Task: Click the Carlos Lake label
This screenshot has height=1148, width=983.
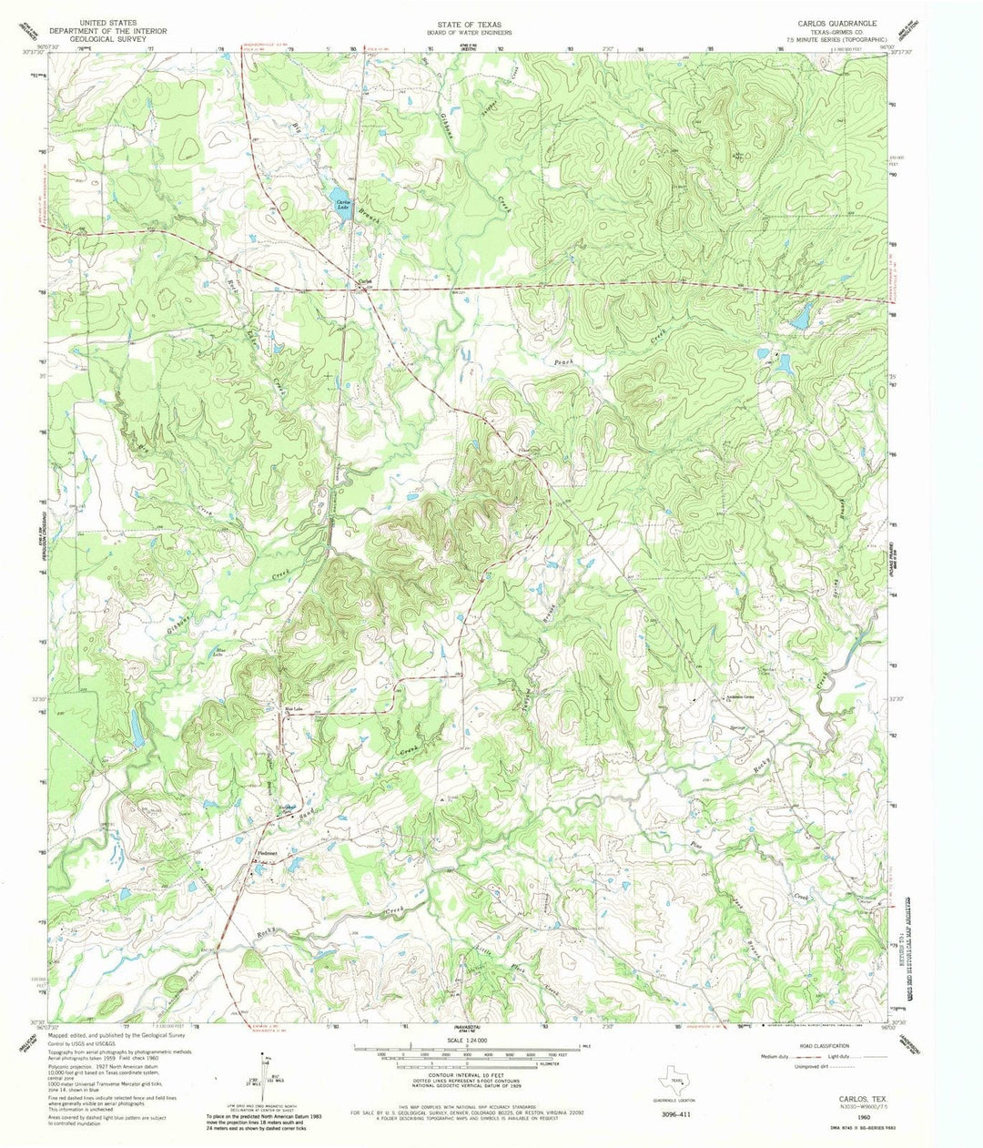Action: (x=342, y=205)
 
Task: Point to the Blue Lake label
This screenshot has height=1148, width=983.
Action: (x=218, y=653)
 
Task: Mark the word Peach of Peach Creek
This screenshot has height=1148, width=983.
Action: (x=564, y=362)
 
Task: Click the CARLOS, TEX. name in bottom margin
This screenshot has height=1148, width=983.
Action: (x=853, y=1100)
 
